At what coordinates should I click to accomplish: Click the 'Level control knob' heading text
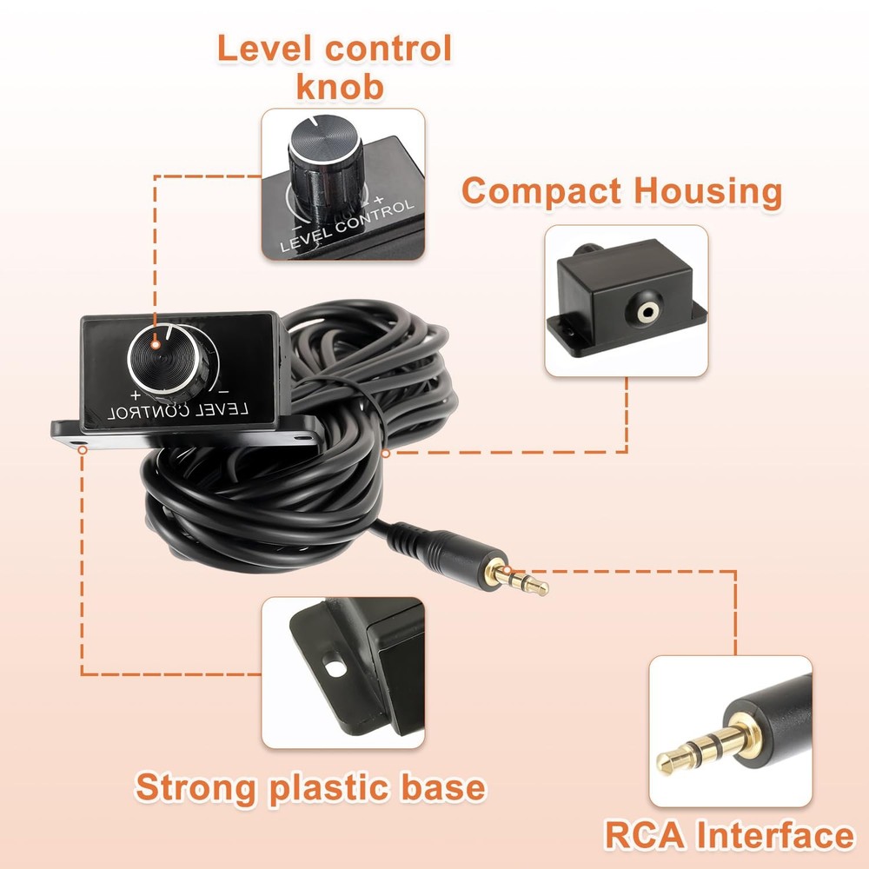[x=335, y=66]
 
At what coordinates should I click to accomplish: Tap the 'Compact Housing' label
[x=621, y=190]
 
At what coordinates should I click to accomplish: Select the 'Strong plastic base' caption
[x=310, y=787]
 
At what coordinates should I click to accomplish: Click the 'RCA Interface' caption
[x=729, y=835]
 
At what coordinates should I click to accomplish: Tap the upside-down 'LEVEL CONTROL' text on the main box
[x=178, y=409]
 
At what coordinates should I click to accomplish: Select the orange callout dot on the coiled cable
[x=385, y=452]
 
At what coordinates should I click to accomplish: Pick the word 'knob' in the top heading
[x=340, y=86]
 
